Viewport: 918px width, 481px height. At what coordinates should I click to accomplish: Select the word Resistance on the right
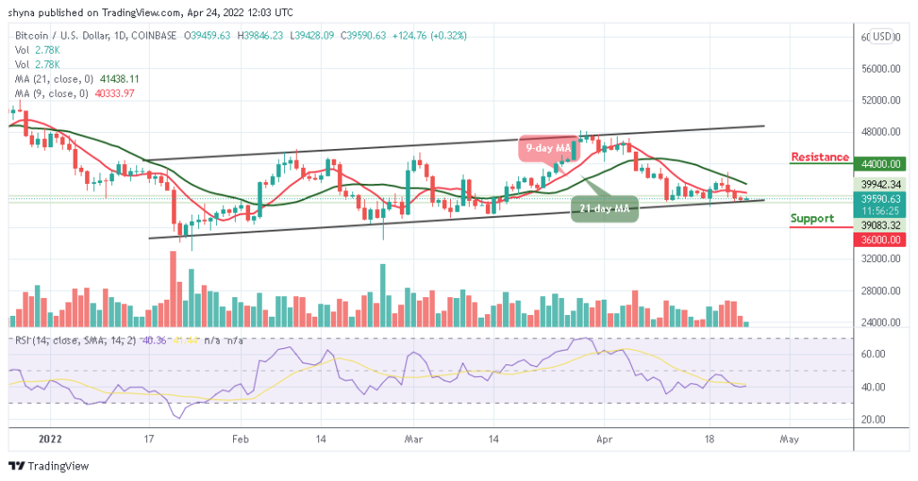point(819,158)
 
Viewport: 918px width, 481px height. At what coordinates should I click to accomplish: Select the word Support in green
point(812,218)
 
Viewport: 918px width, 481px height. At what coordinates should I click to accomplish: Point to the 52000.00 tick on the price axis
point(882,101)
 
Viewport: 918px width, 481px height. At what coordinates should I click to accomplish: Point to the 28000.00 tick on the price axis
point(882,291)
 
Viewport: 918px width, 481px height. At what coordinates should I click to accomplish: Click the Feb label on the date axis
point(239,441)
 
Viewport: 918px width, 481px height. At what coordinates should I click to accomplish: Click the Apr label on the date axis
point(604,441)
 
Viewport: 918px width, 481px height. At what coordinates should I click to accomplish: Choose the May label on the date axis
point(788,441)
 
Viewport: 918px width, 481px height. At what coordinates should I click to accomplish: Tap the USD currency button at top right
point(883,37)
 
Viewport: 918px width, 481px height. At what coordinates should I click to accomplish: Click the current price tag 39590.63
point(882,197)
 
